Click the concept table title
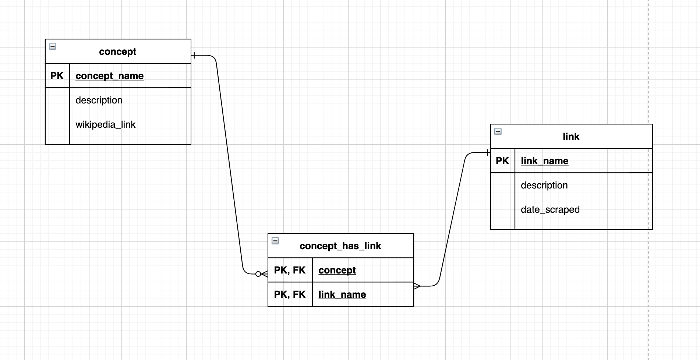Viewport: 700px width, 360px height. (x=117, y=52)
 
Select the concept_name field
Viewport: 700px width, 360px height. (x=109, y=76)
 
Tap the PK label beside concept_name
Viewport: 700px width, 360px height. (x=57, y=76)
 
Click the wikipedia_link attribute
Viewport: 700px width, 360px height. (x=105, y=124)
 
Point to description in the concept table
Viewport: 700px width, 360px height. (x=99, y=100)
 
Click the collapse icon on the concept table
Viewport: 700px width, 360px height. (x=53, y=46)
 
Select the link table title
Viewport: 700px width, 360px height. (x=571, y=137)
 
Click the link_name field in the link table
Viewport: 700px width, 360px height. (x=544, y=161)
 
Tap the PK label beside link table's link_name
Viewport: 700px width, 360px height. (x=502, y=161)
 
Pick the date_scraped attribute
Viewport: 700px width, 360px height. (x=550, y=209)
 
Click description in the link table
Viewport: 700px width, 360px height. (x=544, y=185)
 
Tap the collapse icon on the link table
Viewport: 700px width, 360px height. (x=498, y=131)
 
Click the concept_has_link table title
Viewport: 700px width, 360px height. (x=340, y=246)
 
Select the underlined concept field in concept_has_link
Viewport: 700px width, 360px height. (x=337, y=270)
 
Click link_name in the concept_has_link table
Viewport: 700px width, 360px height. (x=342, y=294)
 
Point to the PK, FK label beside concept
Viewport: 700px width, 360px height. (x=290, y=270)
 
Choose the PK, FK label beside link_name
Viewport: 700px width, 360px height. (x=290, y=294)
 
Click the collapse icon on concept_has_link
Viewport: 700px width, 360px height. (x=275, y=241)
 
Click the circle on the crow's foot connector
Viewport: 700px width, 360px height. (x=258, y=274)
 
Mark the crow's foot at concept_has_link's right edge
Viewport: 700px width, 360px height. (x=417, y=286)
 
